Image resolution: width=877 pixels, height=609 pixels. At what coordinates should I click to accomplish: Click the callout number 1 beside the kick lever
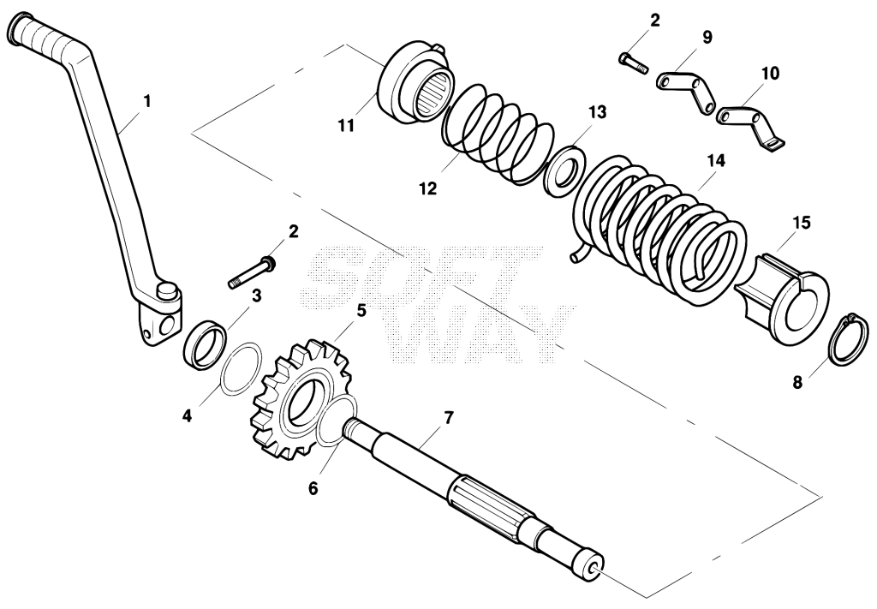pos(147,102)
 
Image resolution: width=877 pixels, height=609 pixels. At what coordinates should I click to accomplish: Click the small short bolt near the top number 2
pos(633,63)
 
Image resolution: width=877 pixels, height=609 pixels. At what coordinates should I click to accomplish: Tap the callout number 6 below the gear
pos(313,488)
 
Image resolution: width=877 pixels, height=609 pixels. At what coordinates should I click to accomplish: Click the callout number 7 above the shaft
pos(449,418)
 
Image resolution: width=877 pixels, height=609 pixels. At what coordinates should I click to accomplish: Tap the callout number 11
pos(346,127)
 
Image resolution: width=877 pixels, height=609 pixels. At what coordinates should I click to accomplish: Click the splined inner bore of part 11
pos(433,93)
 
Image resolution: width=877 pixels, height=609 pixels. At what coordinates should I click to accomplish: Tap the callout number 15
pos(801,224)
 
